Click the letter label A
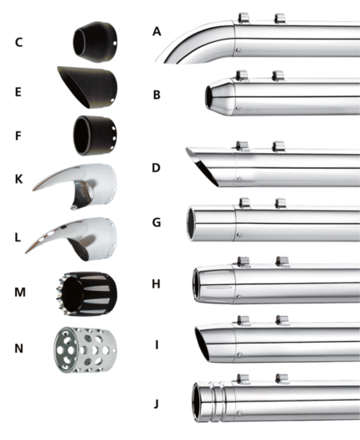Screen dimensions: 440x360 pyautogui.click(x=157, y=32)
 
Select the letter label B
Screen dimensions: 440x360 pyautogui.click(x=157, y=95)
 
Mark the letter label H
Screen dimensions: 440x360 pyautogui.click(x=157, y=284)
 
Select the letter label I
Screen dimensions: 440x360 pyautogui.click(x=157, y=344)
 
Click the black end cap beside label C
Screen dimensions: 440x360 pyautogui.click(x=95, y=39)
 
